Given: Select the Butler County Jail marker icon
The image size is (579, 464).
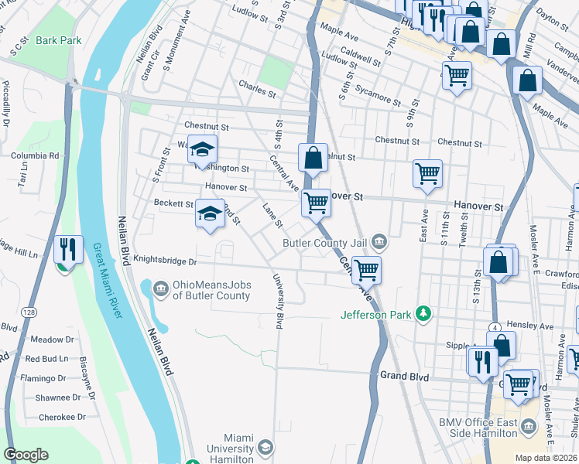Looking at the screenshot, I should [x=379, y=243].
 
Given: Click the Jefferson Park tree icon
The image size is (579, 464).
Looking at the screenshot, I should [x=423, y=313].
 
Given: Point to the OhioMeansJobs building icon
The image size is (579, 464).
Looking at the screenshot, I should [x=160, y=289].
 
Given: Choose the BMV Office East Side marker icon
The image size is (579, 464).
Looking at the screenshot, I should [x=529, y=427].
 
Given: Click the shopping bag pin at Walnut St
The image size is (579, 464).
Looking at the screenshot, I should [x=313, y=159].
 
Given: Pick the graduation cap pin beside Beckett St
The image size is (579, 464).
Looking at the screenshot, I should [x=208, y=214].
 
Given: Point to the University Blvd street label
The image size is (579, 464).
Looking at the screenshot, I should [x=279, y=302].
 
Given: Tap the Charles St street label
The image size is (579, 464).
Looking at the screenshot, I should [x=257, y=84].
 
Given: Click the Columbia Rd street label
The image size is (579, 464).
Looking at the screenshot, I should [x=35, y=155].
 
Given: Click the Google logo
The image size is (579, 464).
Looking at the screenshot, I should [x=26, y=455].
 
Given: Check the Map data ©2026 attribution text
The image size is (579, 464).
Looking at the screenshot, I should [x=545, y=458].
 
